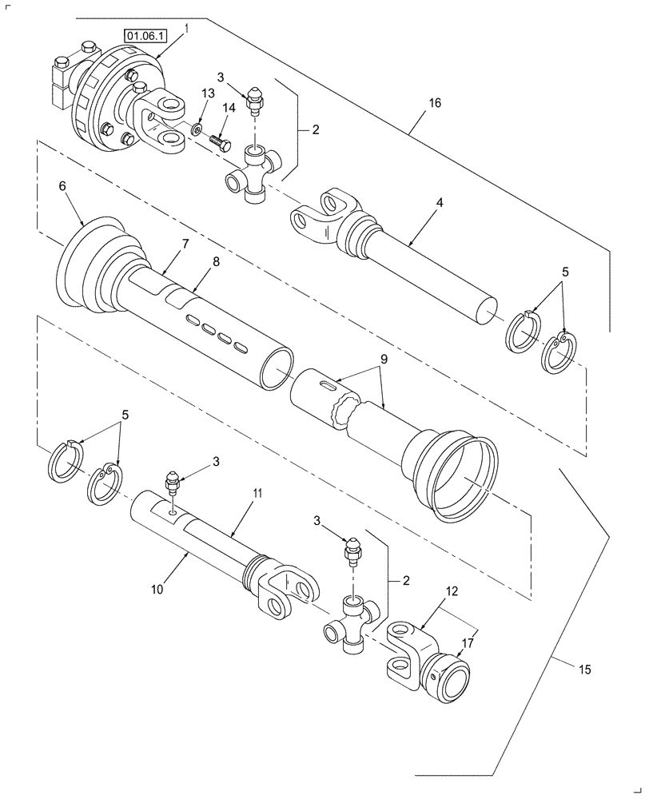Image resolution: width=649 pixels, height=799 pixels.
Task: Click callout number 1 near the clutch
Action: click(x=186, y=28)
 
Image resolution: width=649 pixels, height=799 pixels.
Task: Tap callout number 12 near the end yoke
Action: click(x=453, y=591)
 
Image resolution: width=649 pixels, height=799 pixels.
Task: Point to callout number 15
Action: click(x=587, y=670)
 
